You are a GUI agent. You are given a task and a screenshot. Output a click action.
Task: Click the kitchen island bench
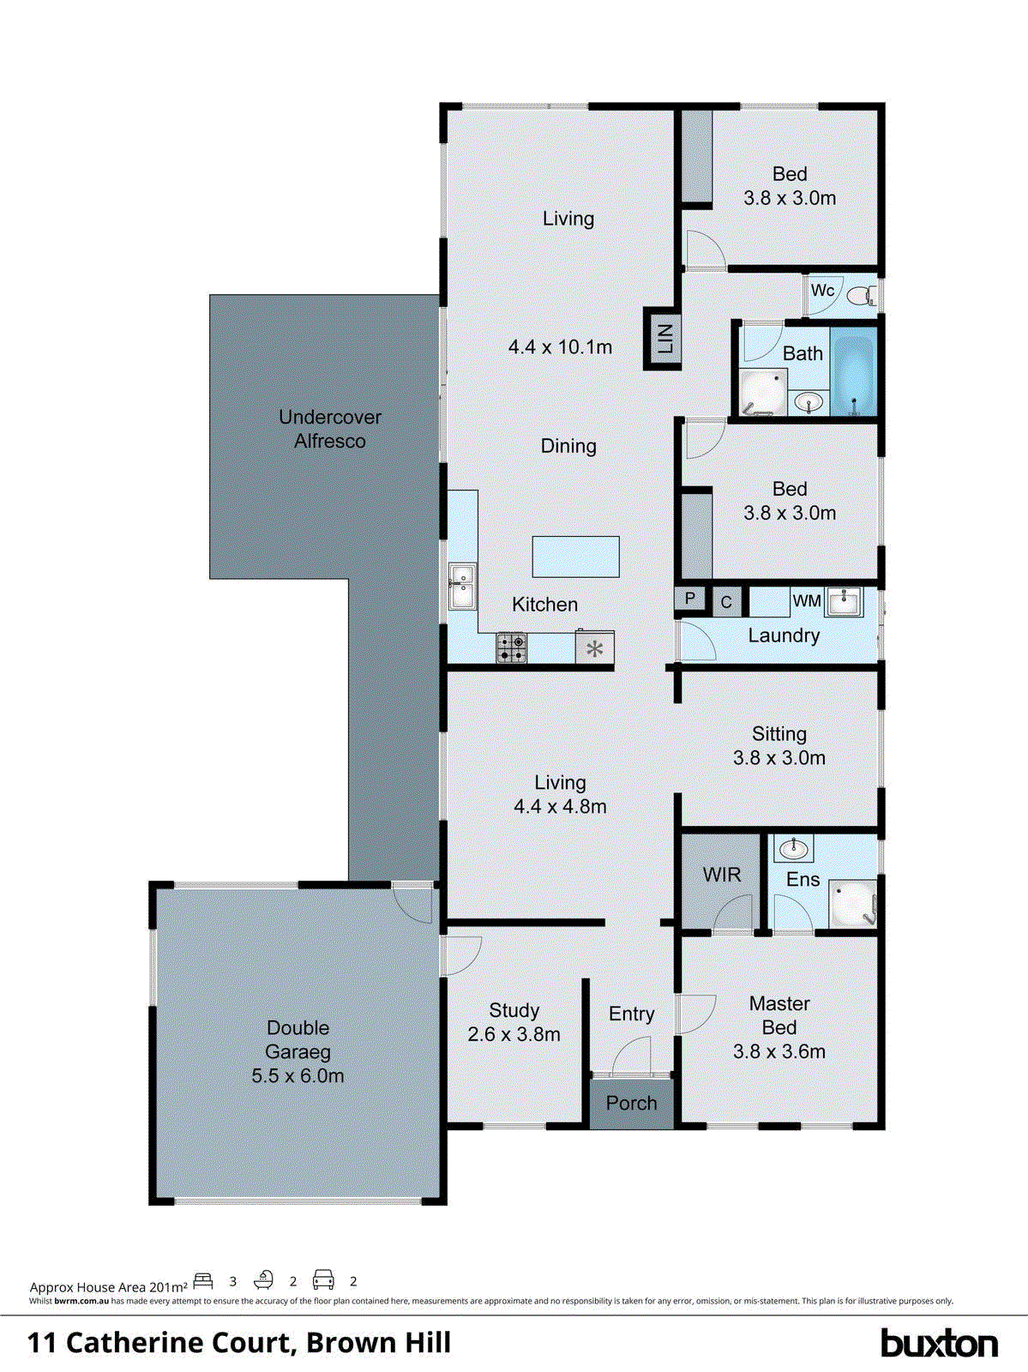(x=575, y=557)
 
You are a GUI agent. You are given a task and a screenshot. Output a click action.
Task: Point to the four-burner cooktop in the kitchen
(x=512, y=647)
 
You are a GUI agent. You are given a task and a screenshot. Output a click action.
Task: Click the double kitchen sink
(x=462, y=587)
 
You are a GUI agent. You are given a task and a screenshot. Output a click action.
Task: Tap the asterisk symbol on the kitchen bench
(x=594, y=648)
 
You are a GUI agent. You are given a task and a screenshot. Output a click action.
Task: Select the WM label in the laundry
(x=806, y=601)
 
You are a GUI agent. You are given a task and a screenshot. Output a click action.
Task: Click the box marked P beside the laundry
(x=690, y=599)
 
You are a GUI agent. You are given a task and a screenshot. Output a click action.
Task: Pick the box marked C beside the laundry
(x=725, y=602)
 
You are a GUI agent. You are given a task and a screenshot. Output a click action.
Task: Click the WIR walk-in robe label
(x=721, y=875)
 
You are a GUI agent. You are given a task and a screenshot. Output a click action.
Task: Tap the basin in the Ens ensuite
(x=794, y=850)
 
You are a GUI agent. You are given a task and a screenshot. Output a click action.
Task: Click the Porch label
(x=631, y=1104)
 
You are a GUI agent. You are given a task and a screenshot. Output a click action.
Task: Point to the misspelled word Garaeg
(x=298, y=1052)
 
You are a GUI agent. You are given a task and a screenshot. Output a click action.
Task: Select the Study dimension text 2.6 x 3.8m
(x=514, y=1035)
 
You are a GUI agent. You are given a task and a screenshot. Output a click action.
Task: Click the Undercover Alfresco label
(x=330, y=429)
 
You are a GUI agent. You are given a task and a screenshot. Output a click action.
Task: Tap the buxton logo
(x=939, y=1343)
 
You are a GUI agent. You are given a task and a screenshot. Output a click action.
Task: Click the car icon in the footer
(x=323, y=1280)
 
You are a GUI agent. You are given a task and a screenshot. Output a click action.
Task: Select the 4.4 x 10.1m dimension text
(x=560, y=347)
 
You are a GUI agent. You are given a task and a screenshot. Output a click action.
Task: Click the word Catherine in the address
(x=179, y=1343)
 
